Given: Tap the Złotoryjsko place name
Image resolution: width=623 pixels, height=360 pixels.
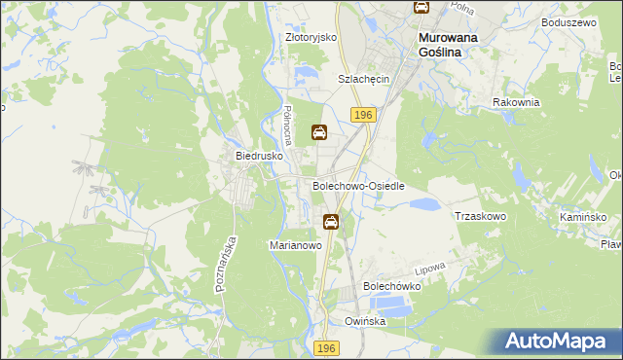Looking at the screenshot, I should coord(311,37).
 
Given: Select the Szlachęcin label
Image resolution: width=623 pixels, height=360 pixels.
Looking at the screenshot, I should coord(363,79).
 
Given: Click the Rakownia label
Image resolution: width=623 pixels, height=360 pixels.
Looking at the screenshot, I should coord(516,102).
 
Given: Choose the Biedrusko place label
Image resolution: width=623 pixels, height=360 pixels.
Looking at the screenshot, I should coord(259,155).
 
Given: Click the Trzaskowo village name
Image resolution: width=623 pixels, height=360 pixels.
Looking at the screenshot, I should coord(481,216).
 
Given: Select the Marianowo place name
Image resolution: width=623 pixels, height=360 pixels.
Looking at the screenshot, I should coord(295,246).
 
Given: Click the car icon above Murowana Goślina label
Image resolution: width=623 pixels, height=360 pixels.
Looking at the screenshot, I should coord(421,7).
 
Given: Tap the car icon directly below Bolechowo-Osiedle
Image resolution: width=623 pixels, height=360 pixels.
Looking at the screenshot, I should coord(331,222).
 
